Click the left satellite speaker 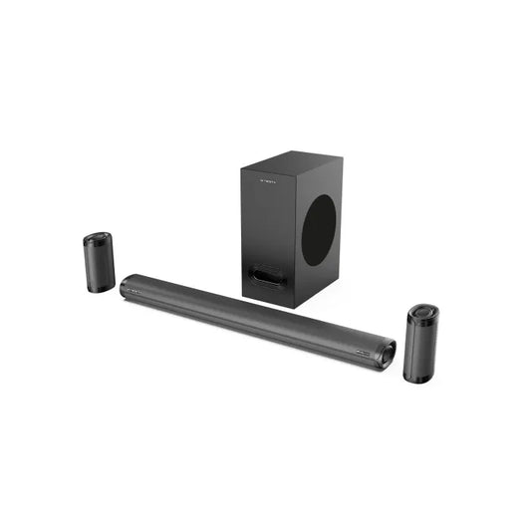98,262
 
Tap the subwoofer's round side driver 319,229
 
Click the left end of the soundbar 126,288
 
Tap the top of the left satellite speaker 97,239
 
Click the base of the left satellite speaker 100,288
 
